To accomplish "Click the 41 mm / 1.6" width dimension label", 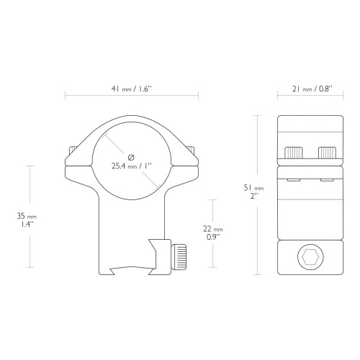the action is click(x=132, y=89).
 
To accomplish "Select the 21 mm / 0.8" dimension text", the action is click(x=312, y=89).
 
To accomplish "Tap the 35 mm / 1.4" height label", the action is click(x=27, y=220).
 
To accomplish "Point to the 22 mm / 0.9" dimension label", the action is click(x=213, y=233).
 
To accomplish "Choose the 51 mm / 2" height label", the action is click(x=253, y=192).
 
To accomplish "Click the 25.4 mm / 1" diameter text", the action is click(x=132, y=166).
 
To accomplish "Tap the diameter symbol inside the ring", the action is click(x=131, y=158).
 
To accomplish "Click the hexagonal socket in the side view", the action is click(x=310, y=257).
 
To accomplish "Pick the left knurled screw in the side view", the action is click(x=293, y=153).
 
